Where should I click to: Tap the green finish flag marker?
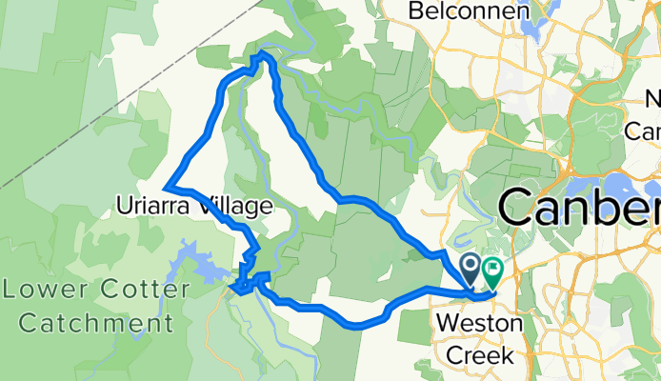click(492, 270)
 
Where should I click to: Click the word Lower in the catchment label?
click(35, 290)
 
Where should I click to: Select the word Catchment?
click(88, 323)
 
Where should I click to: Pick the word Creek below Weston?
click(480, 355)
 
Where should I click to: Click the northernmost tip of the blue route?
click(263, 56)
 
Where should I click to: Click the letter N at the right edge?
click(654, 99)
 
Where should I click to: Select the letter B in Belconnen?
click(415, 10)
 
